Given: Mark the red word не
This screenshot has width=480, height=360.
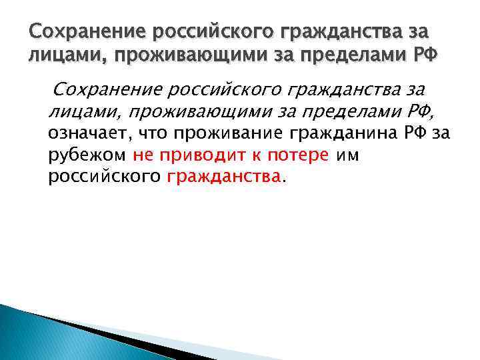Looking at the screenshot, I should pyautogui.click(x=142, y=155).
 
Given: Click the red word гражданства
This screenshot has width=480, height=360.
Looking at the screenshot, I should pyautogui.click(x=225, y=177).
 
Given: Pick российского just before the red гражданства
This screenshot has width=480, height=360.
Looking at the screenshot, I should pyautogui.click(x=105, y=177).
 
